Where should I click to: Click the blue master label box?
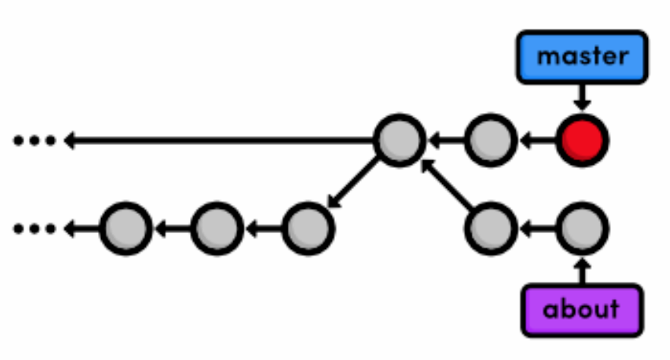[x=582, y=56]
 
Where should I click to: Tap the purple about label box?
[x=582, y=309]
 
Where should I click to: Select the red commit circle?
[x=582, y=141]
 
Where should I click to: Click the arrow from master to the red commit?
[x=582, y=96]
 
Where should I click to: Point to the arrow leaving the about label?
[x=582, y=270]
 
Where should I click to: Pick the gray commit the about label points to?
[x=582, y=227]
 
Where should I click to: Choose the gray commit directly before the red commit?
[x=491, y=141]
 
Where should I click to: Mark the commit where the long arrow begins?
[x=399, y=141]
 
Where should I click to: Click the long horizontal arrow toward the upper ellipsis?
[x=220, y=141]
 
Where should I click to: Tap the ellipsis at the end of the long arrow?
[x=35, y=141]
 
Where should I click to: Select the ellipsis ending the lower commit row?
[x=35, y=227]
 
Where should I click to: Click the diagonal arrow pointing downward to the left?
[x=353, y=183]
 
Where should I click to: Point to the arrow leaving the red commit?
[x=537, y=141]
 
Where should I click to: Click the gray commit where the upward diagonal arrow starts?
[x=491, y=227]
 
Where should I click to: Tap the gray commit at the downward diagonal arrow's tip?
[x=308, y=227]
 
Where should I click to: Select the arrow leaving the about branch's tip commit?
[x=537, y=227]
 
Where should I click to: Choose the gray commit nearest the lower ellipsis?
[x=126, y=227]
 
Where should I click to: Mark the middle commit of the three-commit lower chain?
[x=216, y=227]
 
